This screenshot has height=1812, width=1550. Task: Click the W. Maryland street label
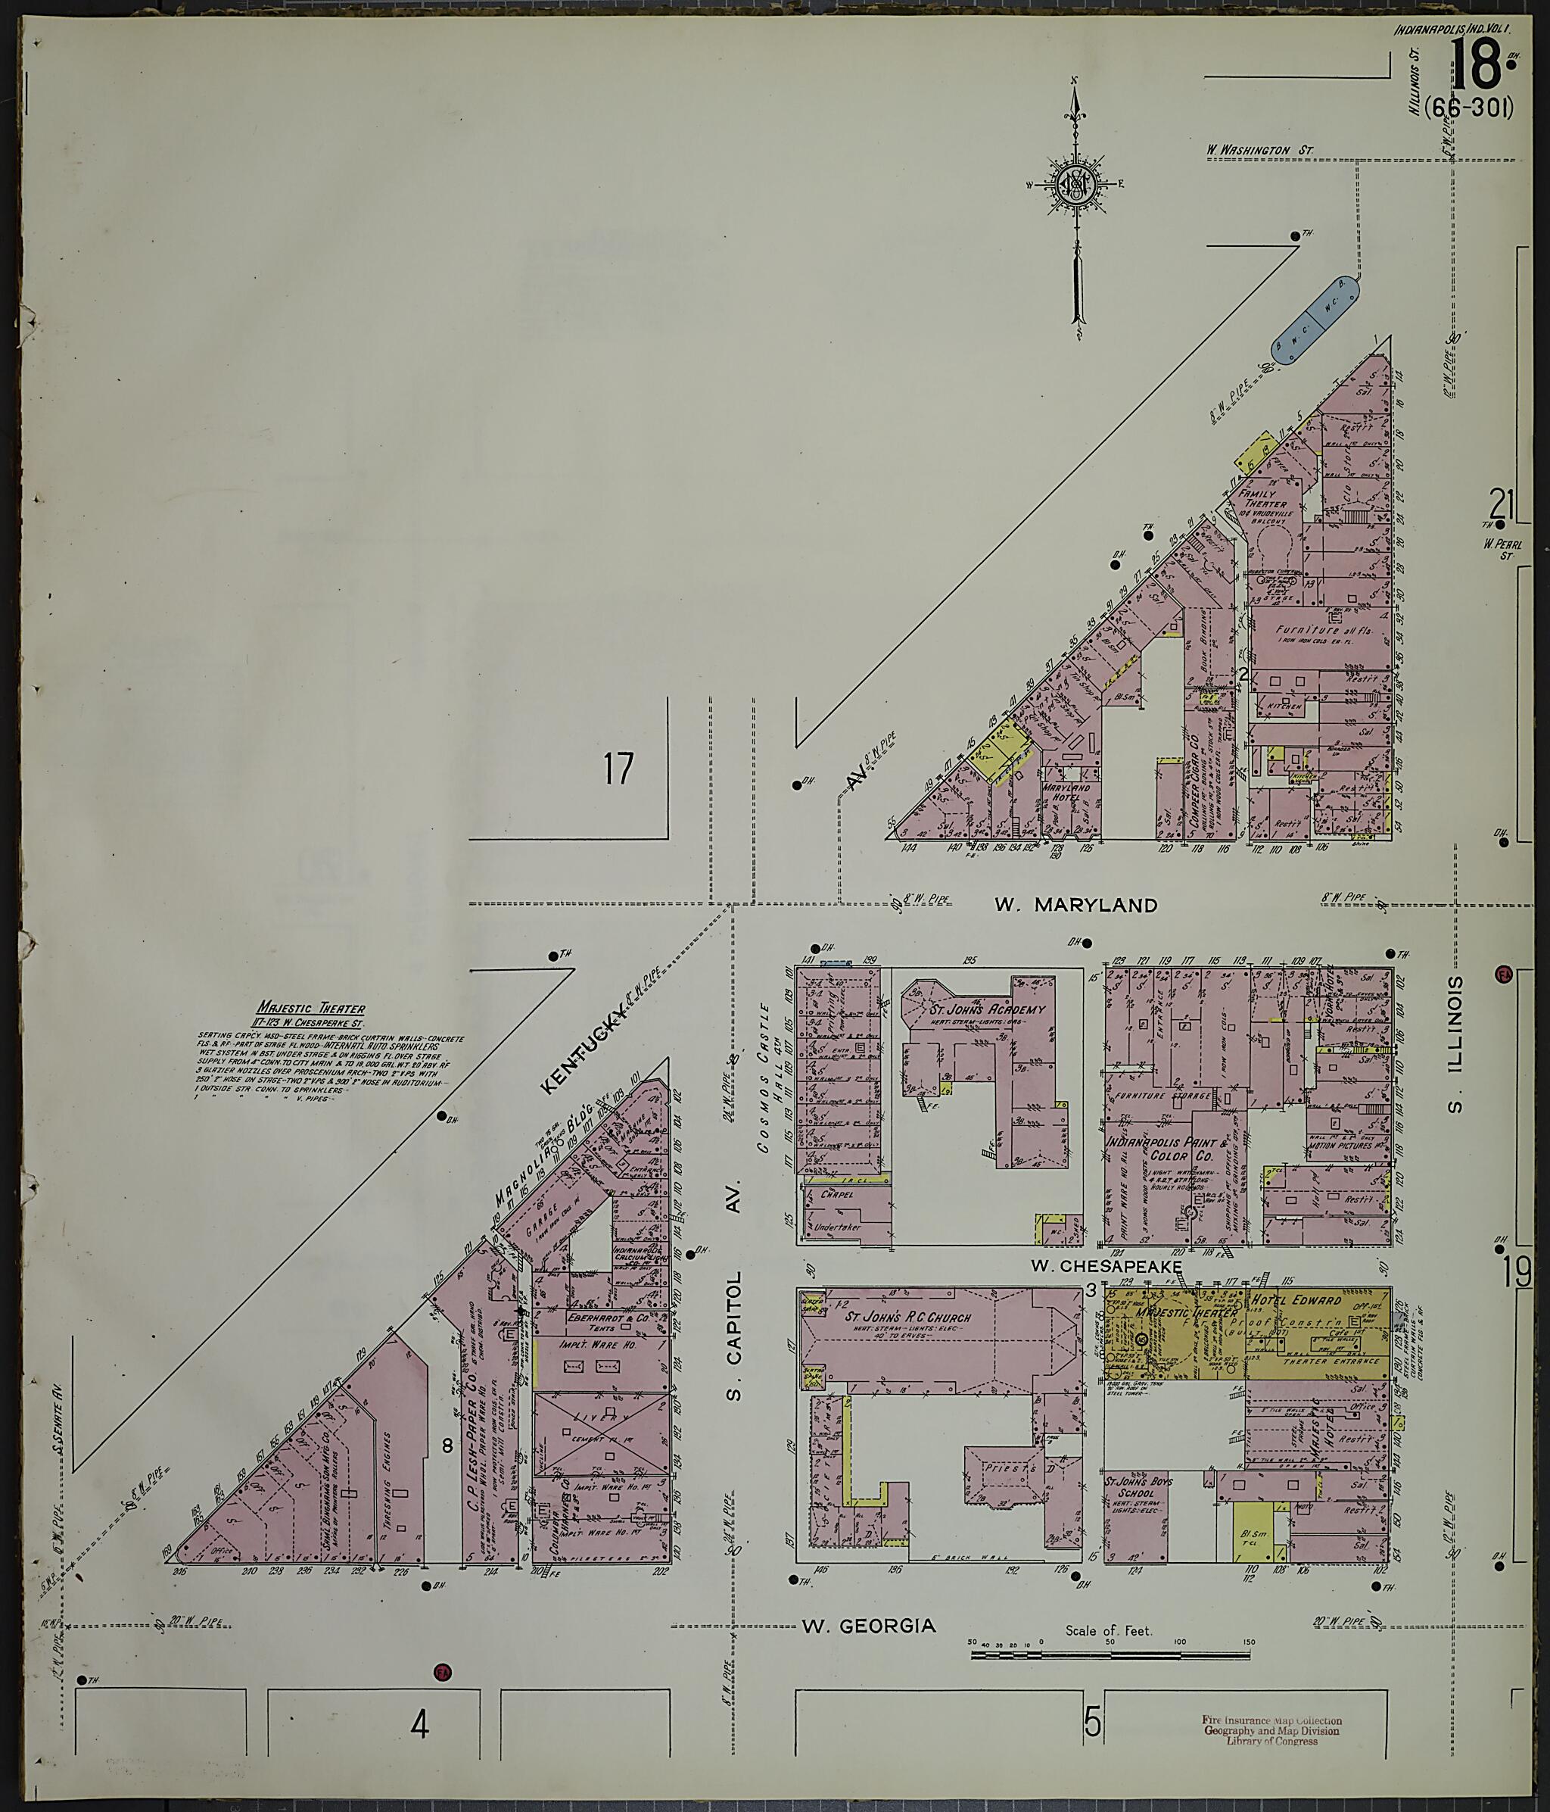click(x=1075, y=906)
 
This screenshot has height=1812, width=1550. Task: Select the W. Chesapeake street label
click(x=1106, y=1266)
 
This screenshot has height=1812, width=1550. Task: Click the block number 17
click(x=618, y=769)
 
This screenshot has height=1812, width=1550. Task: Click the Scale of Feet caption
click(x=1109, y=1631)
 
